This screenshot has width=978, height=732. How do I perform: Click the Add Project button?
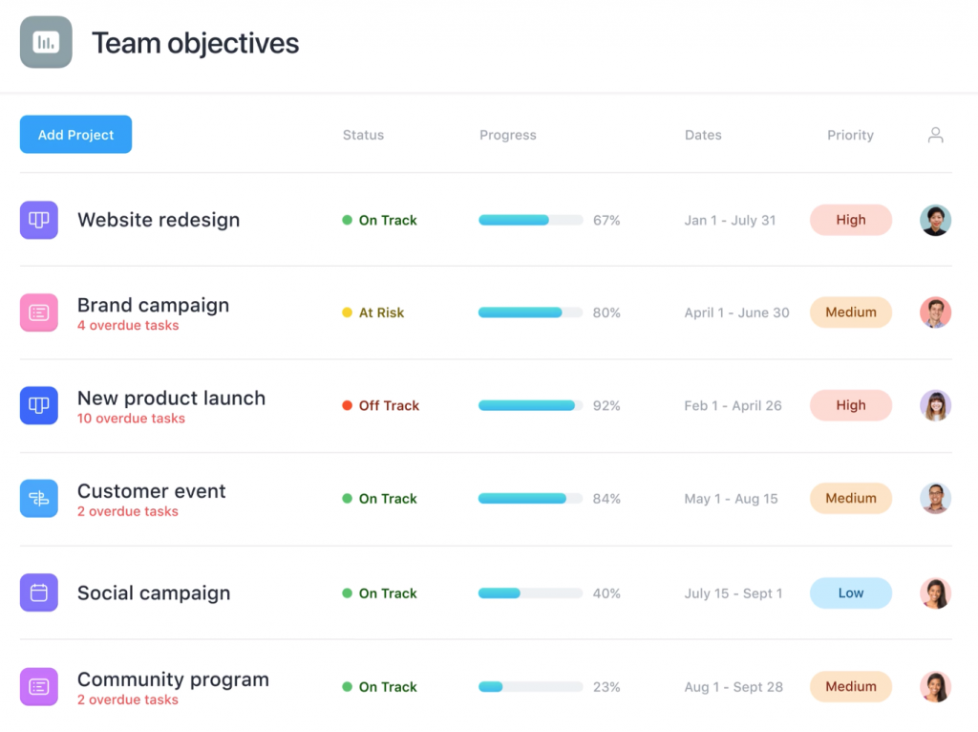[x=75, y=135]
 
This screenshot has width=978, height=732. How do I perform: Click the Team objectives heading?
[x=195, y=43]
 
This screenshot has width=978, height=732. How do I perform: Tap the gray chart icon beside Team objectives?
[x=46, y=42]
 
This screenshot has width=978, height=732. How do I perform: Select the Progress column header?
[x=507, y=135]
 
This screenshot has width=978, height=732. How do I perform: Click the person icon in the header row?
[x=935, y=135]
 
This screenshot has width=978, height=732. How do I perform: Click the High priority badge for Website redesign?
[x=850, y=220]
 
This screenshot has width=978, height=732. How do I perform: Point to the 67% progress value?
[x=606, y=220]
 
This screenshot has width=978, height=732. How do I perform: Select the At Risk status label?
[x=381, y=312]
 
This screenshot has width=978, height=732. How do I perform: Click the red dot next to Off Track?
[x=348, y=405]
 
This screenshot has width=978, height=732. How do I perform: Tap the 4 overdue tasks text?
[x=128, y=325]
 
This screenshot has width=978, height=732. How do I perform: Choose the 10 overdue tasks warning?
[x=131, y=419]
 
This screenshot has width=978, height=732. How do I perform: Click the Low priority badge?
[x=850, y=592]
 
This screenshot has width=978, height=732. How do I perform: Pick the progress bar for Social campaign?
[x=530, y=592]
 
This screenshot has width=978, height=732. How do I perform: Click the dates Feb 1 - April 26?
[x=733, y=405]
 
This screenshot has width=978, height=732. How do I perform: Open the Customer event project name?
[x=151, y=491]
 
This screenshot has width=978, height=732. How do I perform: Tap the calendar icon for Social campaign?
[x=39, y=592]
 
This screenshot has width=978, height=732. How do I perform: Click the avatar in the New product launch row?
[x=935, y=405]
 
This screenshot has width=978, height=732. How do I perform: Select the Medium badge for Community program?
[x=850, y=686]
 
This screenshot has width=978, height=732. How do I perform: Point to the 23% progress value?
[x=606, y=686]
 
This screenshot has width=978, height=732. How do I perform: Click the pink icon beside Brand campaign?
[x=39, y=312]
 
